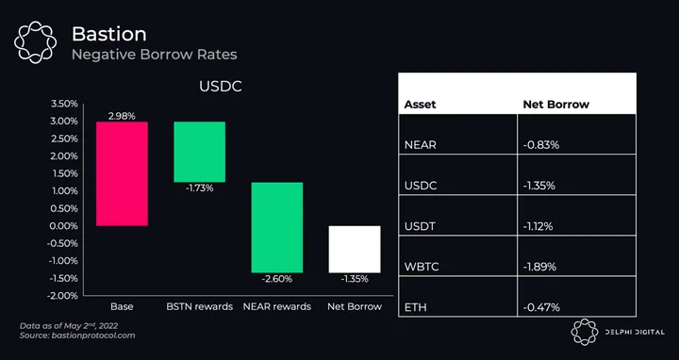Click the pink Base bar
click(x=122, y=173)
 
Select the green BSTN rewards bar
click(x=199, y=152)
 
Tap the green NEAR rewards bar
click(x=277, y=228)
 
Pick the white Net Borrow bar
click(x=355, y=249)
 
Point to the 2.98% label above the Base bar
click(x=122, y=116)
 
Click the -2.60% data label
click(x=277, y=279)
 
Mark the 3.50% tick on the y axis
click(x=64, y=104)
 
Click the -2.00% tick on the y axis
click(x=63, y=296)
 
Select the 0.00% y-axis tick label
click(x=64, y=226)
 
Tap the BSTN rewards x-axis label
click(x=200, y=307)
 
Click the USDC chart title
click(x=221, y=87)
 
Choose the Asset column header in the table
click(x=420, y=105)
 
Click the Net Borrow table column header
click(x=556, y=105)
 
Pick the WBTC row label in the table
click(x=422, y=267)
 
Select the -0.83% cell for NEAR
click(x=541, y=145)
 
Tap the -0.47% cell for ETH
click(x=541, y=307)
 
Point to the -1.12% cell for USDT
click(x=538, y=226)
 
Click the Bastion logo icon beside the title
click(x=36, y=42)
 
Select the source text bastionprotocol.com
click(x=93, y=335)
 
